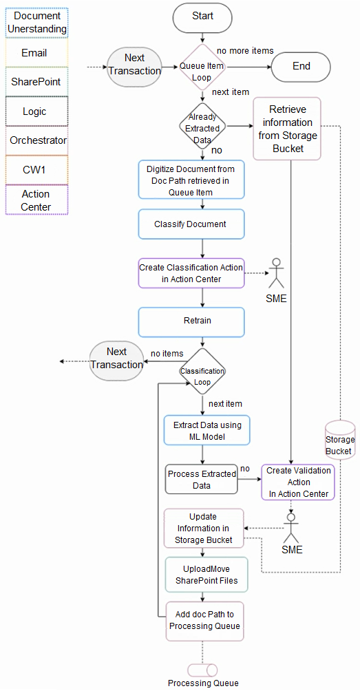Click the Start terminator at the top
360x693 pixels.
(202, 17)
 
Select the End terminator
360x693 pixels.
(301, 67)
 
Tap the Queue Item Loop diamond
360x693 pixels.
(202, 67)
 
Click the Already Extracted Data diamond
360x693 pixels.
(202, 127)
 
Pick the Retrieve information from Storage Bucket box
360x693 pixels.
(287, 129)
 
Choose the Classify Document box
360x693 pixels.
(191, 224)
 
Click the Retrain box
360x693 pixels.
(191, 321)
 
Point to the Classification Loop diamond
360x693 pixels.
(202, 372)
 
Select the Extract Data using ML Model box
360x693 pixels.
(207, 430)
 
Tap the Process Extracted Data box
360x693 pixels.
(201, 479)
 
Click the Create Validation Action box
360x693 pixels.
(297, 482)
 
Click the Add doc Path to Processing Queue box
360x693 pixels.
(204, 620)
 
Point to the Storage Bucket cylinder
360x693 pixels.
(339, 440)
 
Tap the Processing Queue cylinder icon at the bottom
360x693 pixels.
(202, 670)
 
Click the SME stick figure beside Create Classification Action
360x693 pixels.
(277, 273)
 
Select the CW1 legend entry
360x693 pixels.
(36, 169)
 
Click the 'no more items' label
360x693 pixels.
(245, 50)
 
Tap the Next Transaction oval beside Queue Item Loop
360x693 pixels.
(134, 64)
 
